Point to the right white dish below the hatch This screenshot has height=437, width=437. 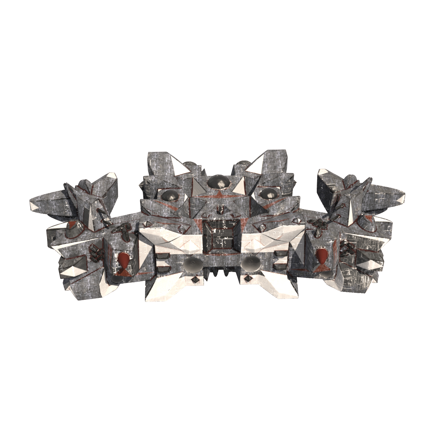tap(251, 263)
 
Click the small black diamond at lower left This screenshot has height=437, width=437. tap(195, 280)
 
